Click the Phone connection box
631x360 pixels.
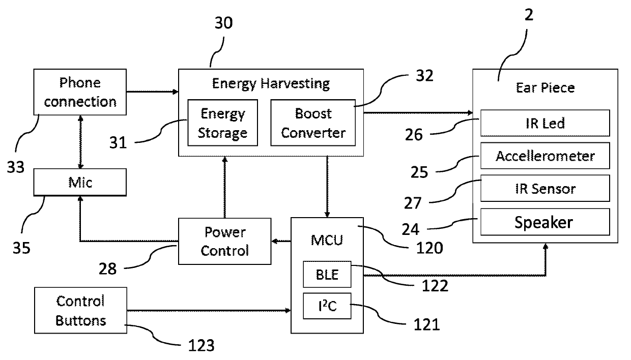(x=80, y=92)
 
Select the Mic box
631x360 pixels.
(x=80, y=182)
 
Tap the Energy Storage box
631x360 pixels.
(x=222, y=123)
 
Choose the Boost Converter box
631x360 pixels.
(x=313, y=123)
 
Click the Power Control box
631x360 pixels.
(x=225, y=241)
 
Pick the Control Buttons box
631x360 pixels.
(x=80, y=311)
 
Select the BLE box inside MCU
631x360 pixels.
(x=327, y=275)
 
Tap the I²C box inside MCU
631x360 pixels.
(x=327, y=306)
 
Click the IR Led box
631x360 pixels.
(x=545, y=123)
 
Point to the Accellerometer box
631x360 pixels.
(x=545, y=156)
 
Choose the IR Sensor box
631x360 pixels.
(x=545, y=188)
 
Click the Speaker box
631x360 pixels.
(x=545, y=222)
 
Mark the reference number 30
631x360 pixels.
(x=224, y=23)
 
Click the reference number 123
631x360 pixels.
(x=201, y=345)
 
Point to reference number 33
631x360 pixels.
(x=16, y=167)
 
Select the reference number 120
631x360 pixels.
(x=429, y=248)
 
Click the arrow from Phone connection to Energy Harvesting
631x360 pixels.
(x=152, y=92)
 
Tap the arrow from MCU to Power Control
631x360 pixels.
(x=281, y=241)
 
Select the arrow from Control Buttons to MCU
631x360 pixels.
(x=209, y=311)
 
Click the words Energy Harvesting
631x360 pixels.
(x=271, y=83)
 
